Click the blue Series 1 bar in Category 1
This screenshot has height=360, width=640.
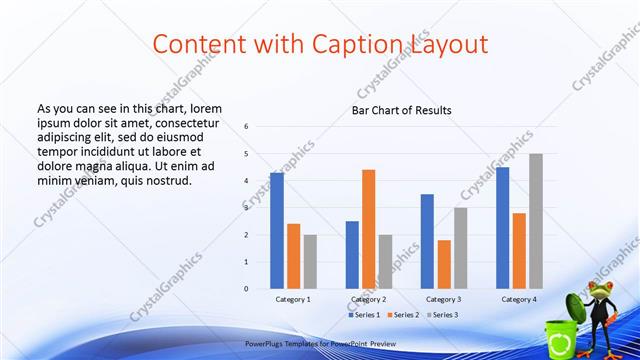276,231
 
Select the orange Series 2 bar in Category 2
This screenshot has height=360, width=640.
368,229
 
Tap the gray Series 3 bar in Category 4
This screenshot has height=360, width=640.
536,221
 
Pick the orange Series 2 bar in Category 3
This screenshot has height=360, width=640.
444,264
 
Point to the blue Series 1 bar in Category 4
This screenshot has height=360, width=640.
502,228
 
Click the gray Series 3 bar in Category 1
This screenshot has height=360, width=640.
310,262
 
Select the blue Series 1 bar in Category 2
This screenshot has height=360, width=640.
352,255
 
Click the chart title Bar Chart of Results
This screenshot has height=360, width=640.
401,110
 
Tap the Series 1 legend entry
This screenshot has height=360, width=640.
363,315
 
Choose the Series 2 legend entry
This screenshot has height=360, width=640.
403,315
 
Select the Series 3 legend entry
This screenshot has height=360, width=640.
443,315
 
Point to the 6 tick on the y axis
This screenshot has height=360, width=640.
246,127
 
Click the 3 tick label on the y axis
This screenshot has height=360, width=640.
246,208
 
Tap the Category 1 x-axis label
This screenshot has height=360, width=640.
293,299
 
